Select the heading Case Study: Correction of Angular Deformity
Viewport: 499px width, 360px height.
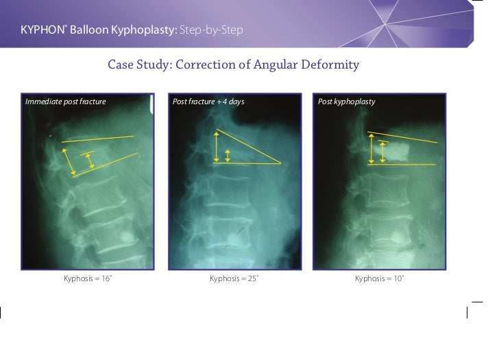[234, 66]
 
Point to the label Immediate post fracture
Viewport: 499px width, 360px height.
[66, 102]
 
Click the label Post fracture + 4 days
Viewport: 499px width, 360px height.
[208, 102]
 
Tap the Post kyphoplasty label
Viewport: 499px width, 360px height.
[346, 102]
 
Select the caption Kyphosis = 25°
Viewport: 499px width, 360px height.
[234, 279]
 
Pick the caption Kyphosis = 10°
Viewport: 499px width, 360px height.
[380, 279]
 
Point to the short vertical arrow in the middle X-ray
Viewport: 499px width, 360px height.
[228, 154]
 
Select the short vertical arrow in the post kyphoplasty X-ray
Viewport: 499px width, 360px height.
[382, 152]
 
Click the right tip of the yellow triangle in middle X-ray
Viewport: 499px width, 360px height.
[280, 163]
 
